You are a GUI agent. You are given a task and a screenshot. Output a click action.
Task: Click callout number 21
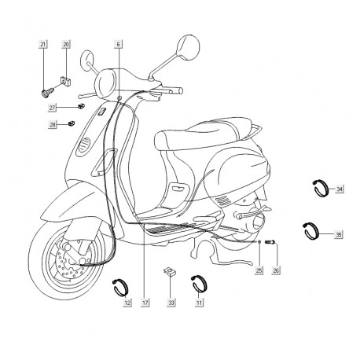coord(43,44)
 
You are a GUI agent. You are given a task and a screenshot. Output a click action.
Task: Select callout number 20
coord(66,44)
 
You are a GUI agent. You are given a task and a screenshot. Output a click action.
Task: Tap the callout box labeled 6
coord(118,44)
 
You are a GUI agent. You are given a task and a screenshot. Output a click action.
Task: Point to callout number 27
coord(53,108)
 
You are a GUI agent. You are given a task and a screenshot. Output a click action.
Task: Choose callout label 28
coord(53,125)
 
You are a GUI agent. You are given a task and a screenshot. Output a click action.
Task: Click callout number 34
coord(340,189)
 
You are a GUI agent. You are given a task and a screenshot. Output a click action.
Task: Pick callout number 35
coord(339,234)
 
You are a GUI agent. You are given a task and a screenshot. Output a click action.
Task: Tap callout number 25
coord(259,270)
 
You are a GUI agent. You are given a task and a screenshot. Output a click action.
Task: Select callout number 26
coord(276,270)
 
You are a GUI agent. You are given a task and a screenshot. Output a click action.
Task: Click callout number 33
coord(171,303)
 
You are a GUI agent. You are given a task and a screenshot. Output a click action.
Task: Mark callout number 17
coord(145,303)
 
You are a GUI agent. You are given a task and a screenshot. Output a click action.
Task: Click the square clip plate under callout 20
coord(66,81)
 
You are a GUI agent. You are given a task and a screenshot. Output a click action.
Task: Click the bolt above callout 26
coord(270,242)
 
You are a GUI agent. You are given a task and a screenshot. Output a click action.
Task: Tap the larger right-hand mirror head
coord(188,47)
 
